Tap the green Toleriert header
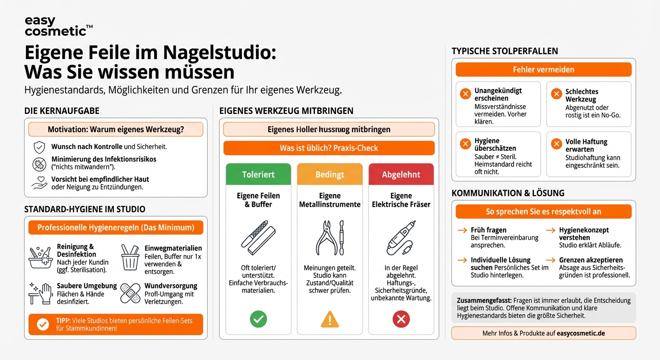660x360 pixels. (258, 174)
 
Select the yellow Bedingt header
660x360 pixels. (330, 174)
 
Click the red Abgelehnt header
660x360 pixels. (401, 174)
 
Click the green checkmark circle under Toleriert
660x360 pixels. (258, 320)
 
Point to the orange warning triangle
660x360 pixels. (330, 320)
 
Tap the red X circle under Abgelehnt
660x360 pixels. (401, 320)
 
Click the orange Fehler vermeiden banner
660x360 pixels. (543, 70)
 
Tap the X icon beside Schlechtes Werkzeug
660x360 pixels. (556, 94)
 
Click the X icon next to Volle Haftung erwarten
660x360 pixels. (556, 144)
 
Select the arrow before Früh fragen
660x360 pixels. (463, 230)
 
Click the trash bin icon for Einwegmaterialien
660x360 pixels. (130, 257)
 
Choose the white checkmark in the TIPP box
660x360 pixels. (43, 324)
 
